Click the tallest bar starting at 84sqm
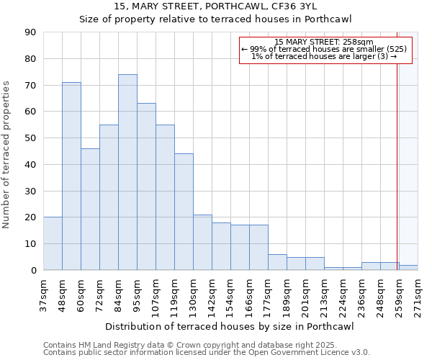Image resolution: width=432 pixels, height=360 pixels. point(127,172)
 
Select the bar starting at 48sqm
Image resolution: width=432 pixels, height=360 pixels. point(71,176)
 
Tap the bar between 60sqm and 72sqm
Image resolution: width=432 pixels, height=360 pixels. point(90,209)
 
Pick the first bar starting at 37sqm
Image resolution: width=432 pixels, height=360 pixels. point(53,243)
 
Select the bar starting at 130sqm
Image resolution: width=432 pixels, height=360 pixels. point(202,242)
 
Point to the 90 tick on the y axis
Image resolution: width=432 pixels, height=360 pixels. point(30,32)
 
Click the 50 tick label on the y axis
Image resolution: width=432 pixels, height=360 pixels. point(30,138)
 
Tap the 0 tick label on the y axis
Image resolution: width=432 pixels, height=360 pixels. point(33,271)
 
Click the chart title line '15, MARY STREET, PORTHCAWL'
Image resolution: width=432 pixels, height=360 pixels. point(216,6)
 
